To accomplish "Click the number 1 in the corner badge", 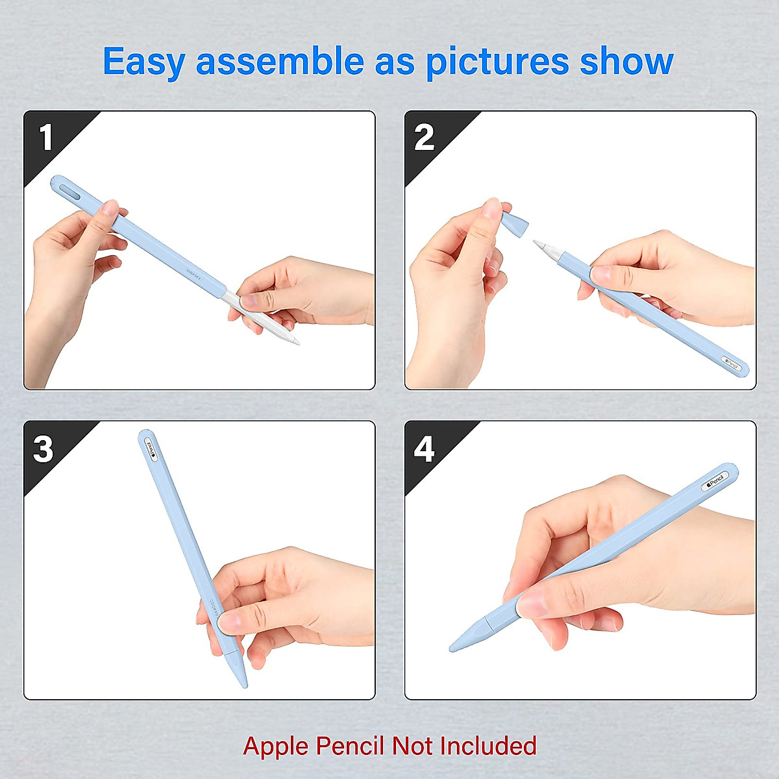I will [45, 138].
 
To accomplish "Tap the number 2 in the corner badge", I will [424, 138].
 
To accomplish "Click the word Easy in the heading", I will [144, 62].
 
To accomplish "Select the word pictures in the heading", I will [497, 62].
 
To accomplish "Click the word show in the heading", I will [626, 62].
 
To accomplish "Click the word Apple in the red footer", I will [275, 746].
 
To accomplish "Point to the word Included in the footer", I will [488, 746].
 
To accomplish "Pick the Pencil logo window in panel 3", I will [150, 448].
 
